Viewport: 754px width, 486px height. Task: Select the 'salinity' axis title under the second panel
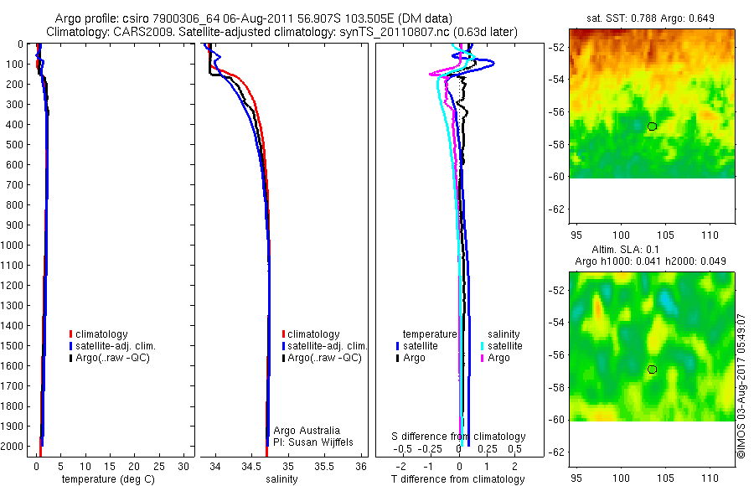tap(281, 479)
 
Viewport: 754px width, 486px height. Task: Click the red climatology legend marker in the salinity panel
tap(284, 334)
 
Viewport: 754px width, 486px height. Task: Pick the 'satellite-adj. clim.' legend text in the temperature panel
tap(116, 346)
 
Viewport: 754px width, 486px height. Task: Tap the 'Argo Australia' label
tap(307, 431)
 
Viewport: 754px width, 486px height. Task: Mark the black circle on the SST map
tap(652, 126)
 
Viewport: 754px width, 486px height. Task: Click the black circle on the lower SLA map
tap(652, 369)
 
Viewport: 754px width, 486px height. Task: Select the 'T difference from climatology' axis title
tap(458, 479)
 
